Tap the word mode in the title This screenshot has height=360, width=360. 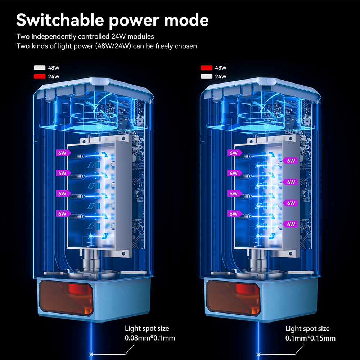pos(186,20)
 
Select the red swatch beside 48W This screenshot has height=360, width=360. pos(207,68)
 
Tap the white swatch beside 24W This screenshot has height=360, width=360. pos(207,76)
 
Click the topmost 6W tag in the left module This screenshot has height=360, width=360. pos(62,153)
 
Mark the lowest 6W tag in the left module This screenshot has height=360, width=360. pos(62,213)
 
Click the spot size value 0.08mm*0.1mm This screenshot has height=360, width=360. pos(150,338)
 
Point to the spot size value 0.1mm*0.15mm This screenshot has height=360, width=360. pos(310,338)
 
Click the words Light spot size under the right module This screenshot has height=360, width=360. pos(307,329)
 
